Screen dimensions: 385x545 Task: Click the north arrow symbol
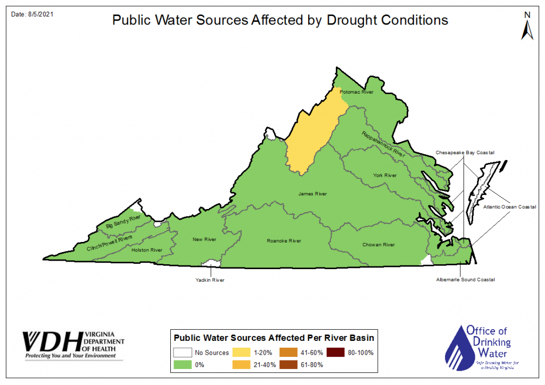click(x=527, y=27)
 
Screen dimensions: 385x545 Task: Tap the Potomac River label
click(x=357, y=92)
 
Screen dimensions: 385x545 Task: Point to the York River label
click(x=385, y=175)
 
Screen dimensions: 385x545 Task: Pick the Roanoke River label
click(x=284, y=241)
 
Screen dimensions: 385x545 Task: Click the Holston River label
click(x=146, y=250)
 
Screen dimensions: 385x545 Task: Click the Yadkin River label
click(x=211, y=280)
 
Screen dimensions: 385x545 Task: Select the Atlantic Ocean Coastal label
click(x=509, y=207)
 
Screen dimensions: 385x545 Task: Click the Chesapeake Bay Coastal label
click(x=465, y=153)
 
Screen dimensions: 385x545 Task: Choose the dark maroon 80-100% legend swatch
click(x=334, y=353)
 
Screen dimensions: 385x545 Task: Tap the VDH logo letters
click(x=52, y=340)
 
